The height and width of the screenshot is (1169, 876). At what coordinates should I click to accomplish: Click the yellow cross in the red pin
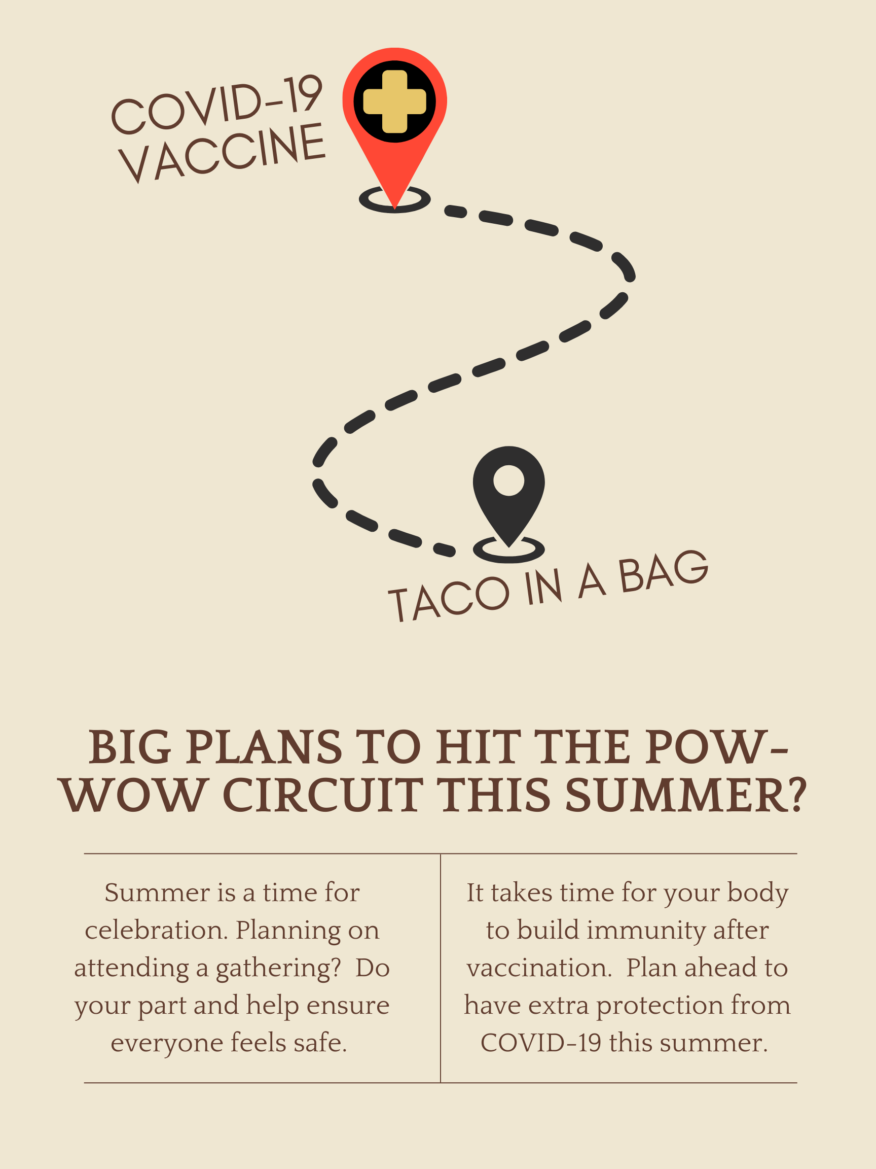pyautogui.click(x=394, y=101)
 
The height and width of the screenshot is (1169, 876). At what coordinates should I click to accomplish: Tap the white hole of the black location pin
pyautogui.click(x=508, y=480)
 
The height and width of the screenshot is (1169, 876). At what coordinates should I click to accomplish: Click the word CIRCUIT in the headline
pyautogui.click(x=323, y=796)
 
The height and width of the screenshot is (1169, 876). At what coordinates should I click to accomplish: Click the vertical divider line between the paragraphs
pyautogui.click(x=441, y=968)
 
